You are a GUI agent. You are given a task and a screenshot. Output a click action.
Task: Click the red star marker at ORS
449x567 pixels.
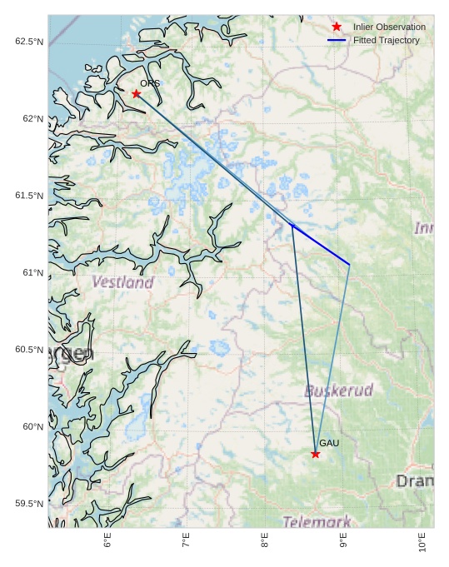[137, 93]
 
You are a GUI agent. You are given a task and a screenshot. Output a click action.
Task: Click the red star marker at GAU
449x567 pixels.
[316, 454]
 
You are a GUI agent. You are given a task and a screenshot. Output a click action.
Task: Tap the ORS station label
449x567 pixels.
[150, 83]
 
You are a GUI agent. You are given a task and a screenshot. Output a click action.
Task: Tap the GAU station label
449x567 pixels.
[329, 443]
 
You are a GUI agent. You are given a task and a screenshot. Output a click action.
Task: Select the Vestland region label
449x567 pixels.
[122, 282]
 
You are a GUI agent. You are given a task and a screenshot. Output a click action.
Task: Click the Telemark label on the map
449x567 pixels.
[317, 522]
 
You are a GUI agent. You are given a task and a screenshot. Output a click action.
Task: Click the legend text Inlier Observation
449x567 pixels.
[389, 27]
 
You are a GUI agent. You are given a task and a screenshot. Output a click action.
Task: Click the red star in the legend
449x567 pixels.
[337, 27]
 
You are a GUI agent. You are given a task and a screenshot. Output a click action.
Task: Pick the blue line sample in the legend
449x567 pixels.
[337, 40]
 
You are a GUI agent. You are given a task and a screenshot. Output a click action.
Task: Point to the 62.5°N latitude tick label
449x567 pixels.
[29, 42]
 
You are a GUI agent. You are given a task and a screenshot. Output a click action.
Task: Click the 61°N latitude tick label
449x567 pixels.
[32, 272]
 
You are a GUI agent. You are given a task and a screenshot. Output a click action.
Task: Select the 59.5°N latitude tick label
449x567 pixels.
[29, 504]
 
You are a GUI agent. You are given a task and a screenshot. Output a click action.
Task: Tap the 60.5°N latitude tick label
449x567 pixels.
[29, 350]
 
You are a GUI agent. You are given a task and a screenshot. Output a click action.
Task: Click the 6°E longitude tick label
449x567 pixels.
[107, 541]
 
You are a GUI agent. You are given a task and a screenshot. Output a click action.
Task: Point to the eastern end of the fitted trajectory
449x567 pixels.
[349, 265]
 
